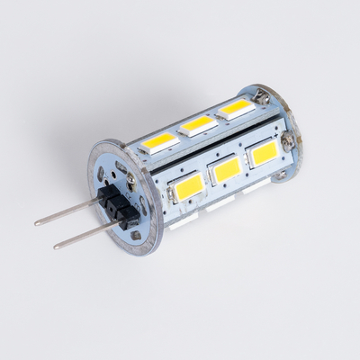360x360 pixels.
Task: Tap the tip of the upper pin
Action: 37,221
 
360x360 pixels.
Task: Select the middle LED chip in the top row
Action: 198,124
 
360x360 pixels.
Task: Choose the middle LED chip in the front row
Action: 228,169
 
